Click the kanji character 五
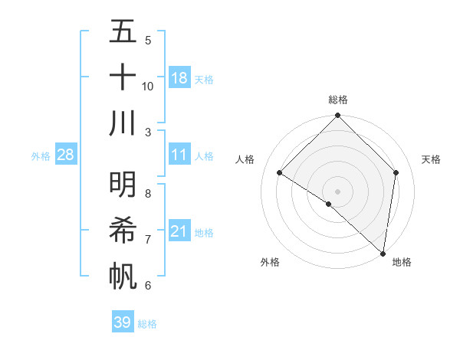[x=123, y=32]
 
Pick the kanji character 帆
[x=123, y=274]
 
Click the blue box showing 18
[x=179, y=77]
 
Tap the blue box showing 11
[x=179, y=155]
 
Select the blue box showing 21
[x=179, y=231]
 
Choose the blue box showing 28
[x=66, y=155]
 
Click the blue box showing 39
[x=123, y=322]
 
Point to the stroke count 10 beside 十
[x=148, y=86]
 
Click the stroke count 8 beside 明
[x=148, y=193]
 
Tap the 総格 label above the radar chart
[x=338, y=100]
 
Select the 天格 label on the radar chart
[x=432, y=159]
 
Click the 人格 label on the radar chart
[x=245, y=159]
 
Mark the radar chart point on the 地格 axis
[x=383, y=253]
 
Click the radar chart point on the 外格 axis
[x=329, y=204]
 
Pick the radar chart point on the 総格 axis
[x=338, y=116]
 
